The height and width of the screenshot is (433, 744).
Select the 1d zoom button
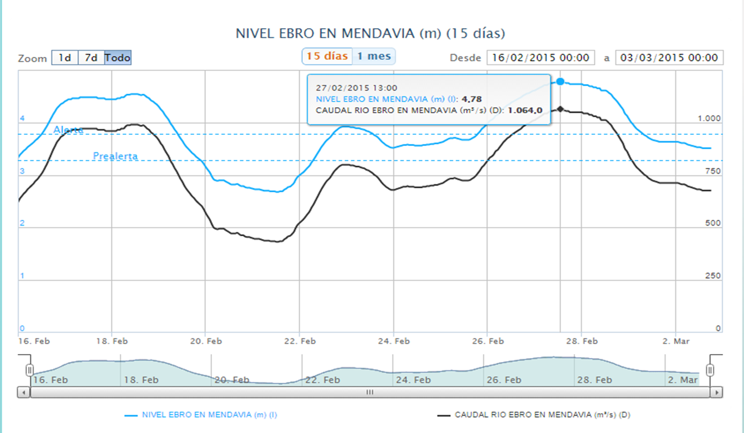click(x=65, y=58)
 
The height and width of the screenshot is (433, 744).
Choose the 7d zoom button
click(x=91, y=58)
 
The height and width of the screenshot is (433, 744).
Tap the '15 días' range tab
click(x=327, y=56)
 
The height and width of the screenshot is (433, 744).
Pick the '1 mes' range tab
click(x=374, y=56)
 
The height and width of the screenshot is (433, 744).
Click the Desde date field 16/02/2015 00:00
click(x=540, y=58)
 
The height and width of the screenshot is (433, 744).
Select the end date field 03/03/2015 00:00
click(x=669, y=58)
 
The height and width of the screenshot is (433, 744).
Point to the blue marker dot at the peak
click(x=560, y=82)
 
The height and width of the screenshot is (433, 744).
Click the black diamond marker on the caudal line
click(x=560, y=109)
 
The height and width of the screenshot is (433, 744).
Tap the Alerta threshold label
click(x=68, y=130)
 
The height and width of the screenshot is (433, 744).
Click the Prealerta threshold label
click(x=116, y=156)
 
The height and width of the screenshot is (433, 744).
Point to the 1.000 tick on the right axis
click(x=709, y=118)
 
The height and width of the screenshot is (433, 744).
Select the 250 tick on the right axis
click(x=712, y=276)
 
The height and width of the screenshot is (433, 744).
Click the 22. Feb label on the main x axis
click(x=300, y=341)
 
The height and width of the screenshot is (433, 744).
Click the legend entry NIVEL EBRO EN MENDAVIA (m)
click(x=209, y=415)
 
